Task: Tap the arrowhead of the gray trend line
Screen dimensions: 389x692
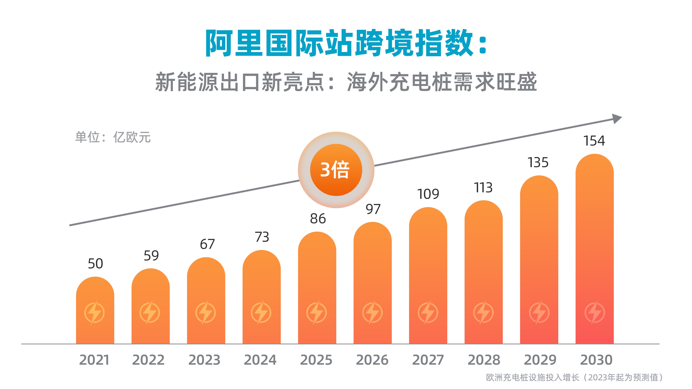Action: point(617,119)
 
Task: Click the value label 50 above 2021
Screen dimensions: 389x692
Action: point(95,264)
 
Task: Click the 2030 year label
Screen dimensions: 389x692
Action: point(596,360)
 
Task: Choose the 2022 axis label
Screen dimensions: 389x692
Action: point(148,360)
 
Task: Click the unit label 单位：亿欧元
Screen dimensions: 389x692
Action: point(113,137)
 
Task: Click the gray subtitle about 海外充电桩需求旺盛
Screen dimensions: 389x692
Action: point(346,82)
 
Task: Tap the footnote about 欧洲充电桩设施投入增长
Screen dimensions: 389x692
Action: point(574,377)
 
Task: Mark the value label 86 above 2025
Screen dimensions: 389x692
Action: point(318,219)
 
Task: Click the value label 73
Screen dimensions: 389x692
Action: point(262,237)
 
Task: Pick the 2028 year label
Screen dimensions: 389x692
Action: point(484,360)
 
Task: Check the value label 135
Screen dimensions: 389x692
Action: point(538,163)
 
